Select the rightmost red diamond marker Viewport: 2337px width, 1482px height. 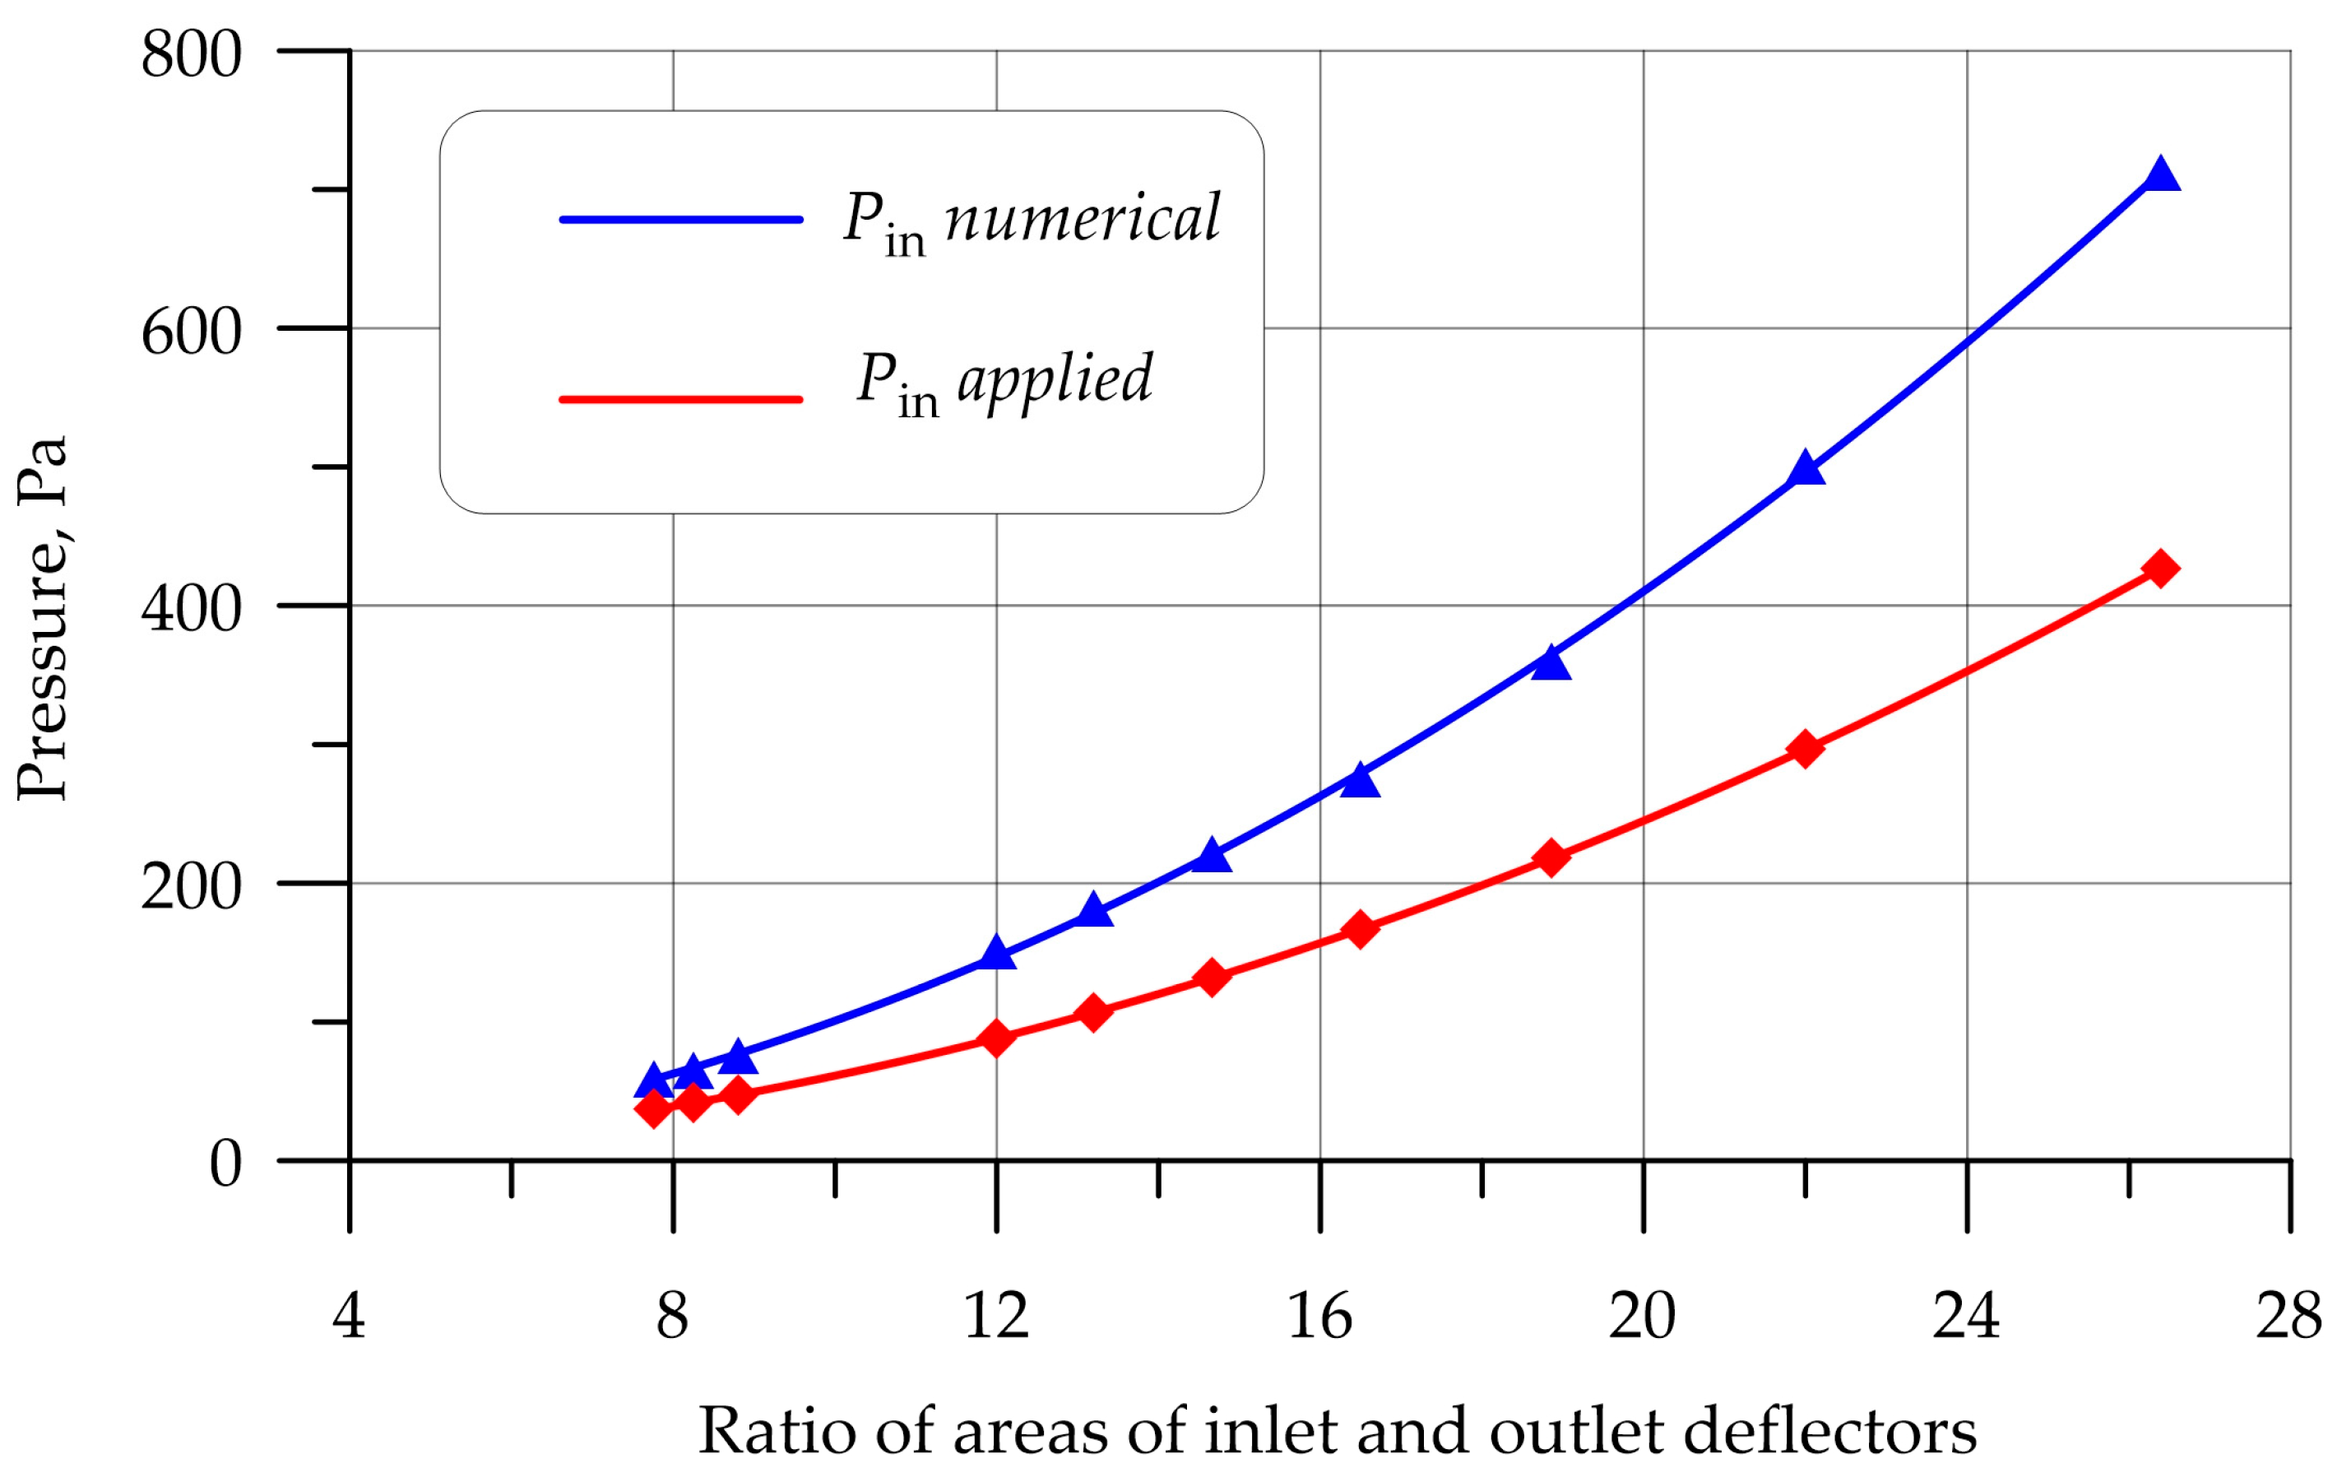coord(2160,569)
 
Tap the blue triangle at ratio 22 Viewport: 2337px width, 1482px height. coord(1805,470)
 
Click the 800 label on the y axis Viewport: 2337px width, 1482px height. coord(191,54)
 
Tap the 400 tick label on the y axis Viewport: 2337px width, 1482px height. coord(191,610)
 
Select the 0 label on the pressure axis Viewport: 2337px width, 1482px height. coord(225,1164)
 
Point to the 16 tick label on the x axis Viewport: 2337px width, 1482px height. coord(1320,1317)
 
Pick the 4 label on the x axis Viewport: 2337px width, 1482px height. coord(350,1317)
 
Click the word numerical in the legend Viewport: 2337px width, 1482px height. coord(1082,218)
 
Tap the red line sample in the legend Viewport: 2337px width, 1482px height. coord(681,400)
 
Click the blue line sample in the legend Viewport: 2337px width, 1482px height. coord(681,221)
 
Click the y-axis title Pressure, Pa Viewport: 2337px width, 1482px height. coord(43,618)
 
